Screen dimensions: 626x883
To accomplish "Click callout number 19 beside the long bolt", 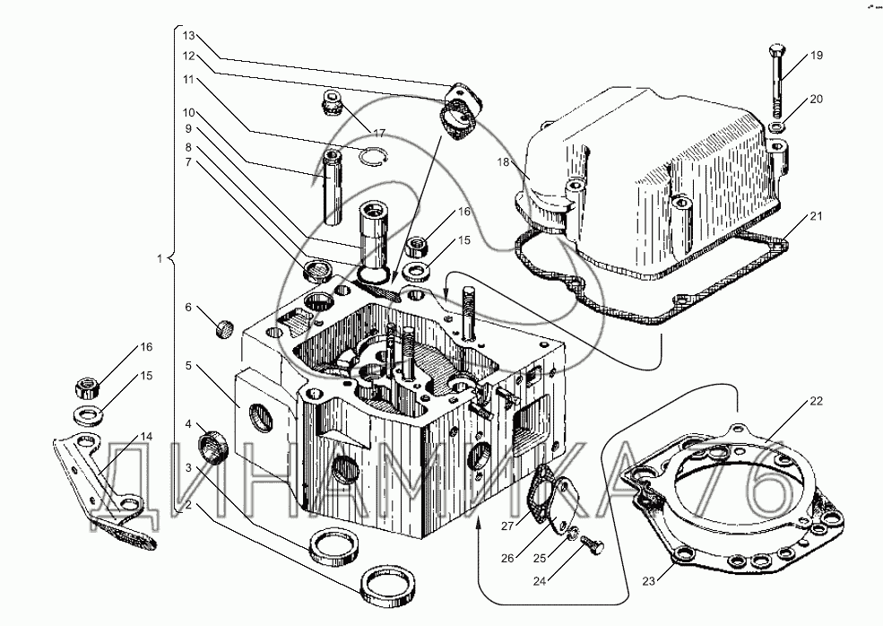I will click(x=816, y=57).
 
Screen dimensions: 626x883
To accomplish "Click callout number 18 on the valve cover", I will click(x=504, y=162).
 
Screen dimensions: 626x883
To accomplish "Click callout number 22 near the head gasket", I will click(x=816, y=400).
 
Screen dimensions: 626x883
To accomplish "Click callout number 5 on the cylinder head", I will click(x=189, y=366).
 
